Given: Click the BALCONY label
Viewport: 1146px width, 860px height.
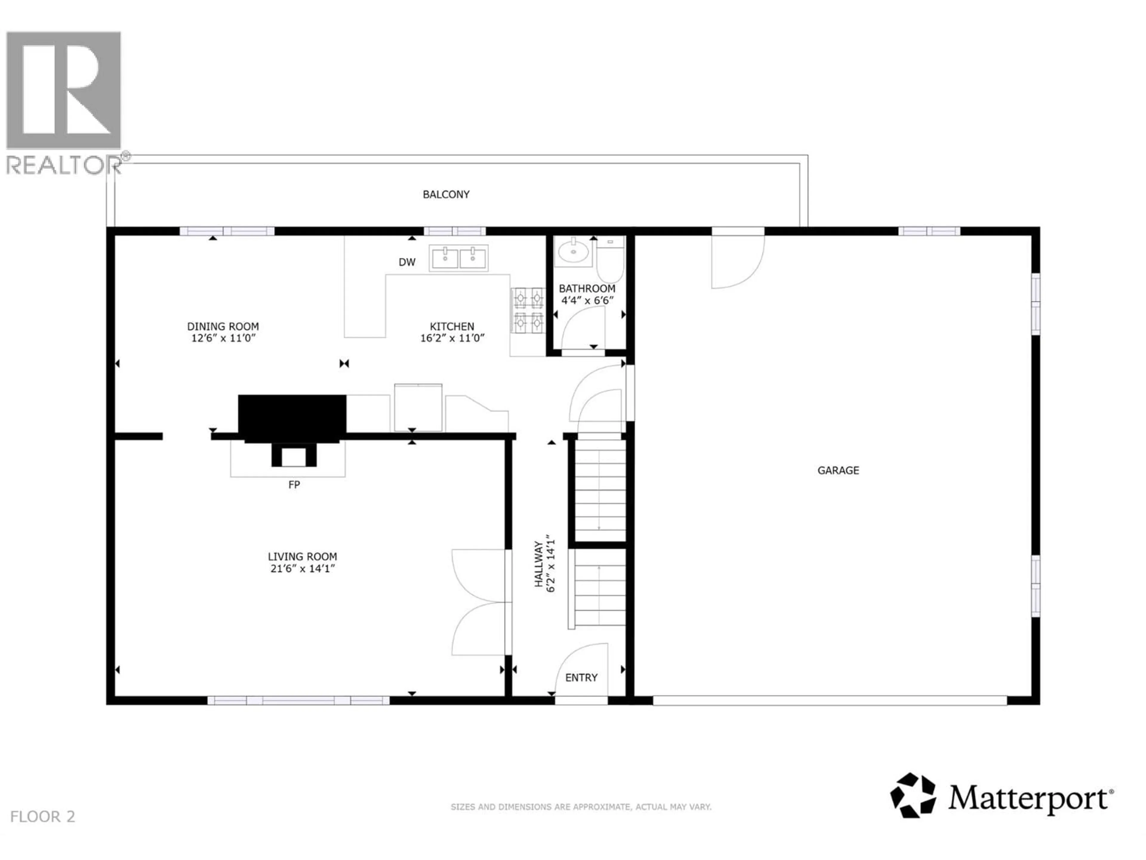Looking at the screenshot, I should click(446, 194).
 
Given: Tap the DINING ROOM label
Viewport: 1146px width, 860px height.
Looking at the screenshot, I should click(223, 326).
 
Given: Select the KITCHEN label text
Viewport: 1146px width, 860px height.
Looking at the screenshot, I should click(452, 326).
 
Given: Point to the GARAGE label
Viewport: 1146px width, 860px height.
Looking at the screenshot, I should click(838, 470).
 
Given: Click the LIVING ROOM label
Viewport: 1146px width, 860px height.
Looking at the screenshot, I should click(302, 556).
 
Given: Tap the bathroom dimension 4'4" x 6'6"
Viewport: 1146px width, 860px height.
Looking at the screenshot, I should click(587, 300).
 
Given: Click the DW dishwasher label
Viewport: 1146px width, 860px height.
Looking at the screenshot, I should click(407, 262).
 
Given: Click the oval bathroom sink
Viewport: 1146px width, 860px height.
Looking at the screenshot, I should click(574, 252).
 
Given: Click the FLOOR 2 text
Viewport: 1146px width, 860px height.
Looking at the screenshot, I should click(42, 816).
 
